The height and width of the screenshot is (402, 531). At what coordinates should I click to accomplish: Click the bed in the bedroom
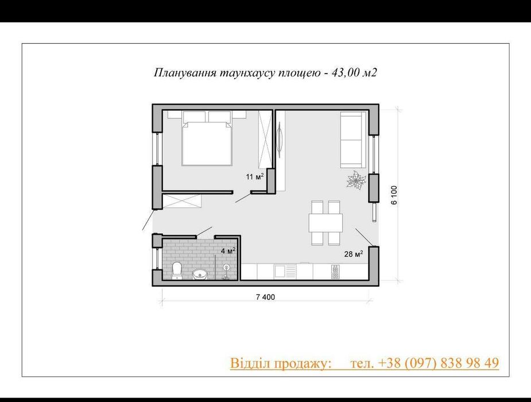(207, 141)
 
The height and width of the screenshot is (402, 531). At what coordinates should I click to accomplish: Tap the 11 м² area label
(255, 177)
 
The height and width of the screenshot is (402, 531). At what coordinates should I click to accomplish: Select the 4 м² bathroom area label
(228, 251)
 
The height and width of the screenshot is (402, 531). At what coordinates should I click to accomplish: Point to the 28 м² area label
(352, 253)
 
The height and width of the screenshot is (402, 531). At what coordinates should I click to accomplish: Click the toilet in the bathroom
(177, 270)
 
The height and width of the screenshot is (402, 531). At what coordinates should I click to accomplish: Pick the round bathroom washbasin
(200, 273)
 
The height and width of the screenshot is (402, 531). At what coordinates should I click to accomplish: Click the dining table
(325, 222)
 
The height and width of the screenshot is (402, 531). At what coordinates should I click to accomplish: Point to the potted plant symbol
(356, 180)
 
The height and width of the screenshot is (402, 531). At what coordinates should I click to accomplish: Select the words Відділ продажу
(281, 363)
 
